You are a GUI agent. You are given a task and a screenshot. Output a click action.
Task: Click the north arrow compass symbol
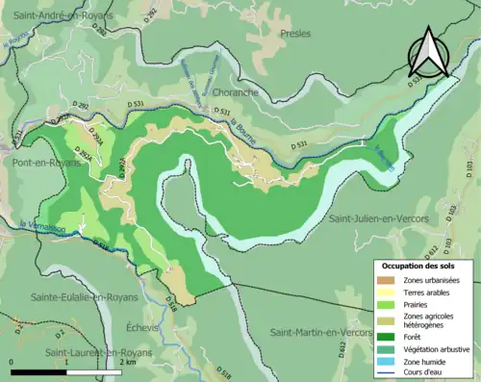coord(428,53)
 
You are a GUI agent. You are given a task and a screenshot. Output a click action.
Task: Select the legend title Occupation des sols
coord(419,265)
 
